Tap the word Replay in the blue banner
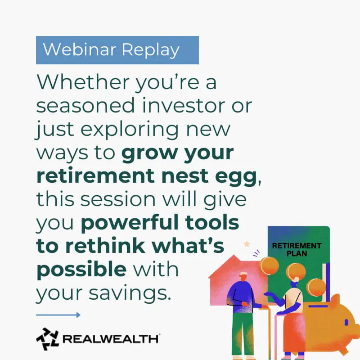coord(150,50)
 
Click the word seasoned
coord(85,106)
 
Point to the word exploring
coord(129,130)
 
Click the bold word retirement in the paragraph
coord(95,176)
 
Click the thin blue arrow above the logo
coord(58,315)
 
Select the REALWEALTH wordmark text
coord(111,339)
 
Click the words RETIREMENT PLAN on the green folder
coord(297,250)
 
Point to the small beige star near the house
coord(247,244)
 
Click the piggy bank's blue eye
coord(346,323)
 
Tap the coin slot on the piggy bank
coord(318,306)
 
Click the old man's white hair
coord(244,274)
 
